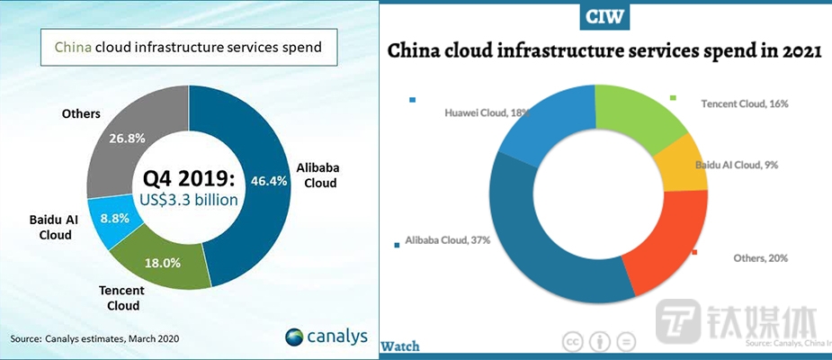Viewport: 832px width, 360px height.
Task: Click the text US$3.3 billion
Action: coord(188,200)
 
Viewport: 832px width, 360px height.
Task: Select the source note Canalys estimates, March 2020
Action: coord(95,338)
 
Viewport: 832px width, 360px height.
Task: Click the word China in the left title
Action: coord(73,47)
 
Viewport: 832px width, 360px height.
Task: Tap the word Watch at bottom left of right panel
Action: coord(400,346)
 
